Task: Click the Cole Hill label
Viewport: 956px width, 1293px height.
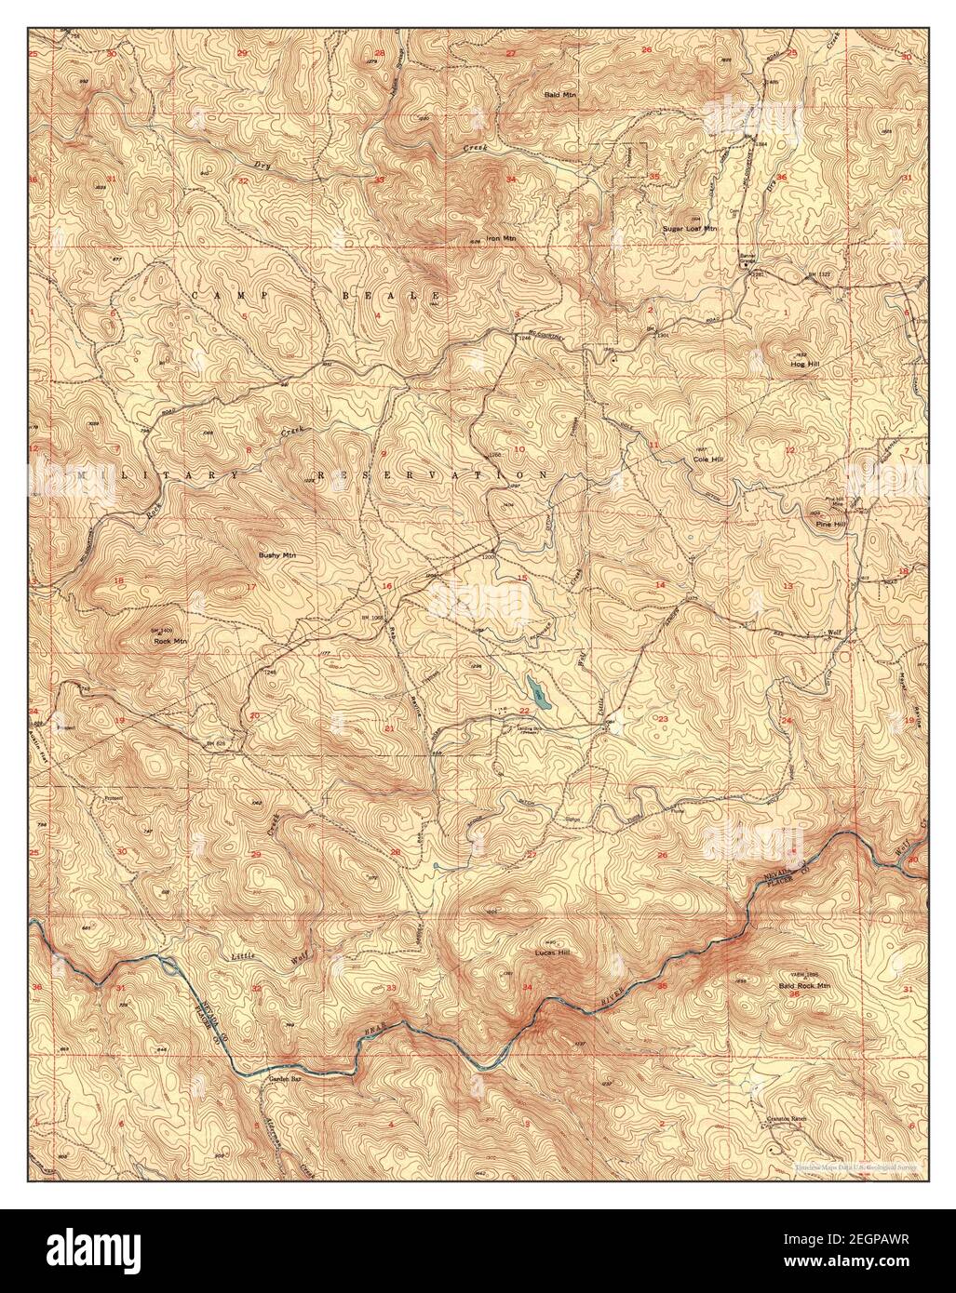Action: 708,460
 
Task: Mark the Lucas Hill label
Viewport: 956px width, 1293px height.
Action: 551,953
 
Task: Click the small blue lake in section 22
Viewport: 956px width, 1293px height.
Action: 535,690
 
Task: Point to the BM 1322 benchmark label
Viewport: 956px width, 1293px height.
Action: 816,277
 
